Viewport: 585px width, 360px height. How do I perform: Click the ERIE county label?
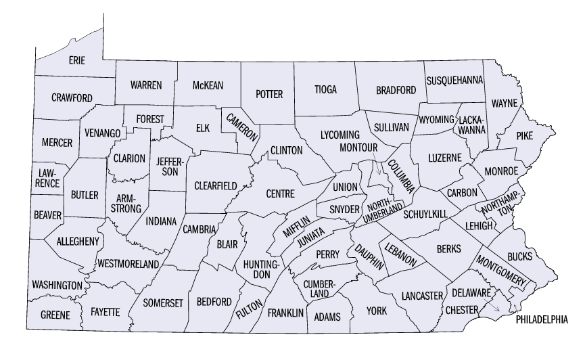[x=77, y=61]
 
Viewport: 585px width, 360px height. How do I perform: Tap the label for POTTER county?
[x=269, y=95]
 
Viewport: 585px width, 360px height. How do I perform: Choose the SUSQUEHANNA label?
[x=455, y=81]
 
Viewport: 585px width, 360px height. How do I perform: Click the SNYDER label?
[x=344, y=209]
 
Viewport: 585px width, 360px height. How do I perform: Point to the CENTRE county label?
[x=281, y=194]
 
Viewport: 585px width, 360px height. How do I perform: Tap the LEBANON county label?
[x=401, y=253]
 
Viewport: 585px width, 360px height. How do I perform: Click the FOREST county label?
[x=149, y=119]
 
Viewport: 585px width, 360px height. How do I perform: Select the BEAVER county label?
[x=47, y=216]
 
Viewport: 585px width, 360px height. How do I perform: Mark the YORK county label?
[x=376, y=312]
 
